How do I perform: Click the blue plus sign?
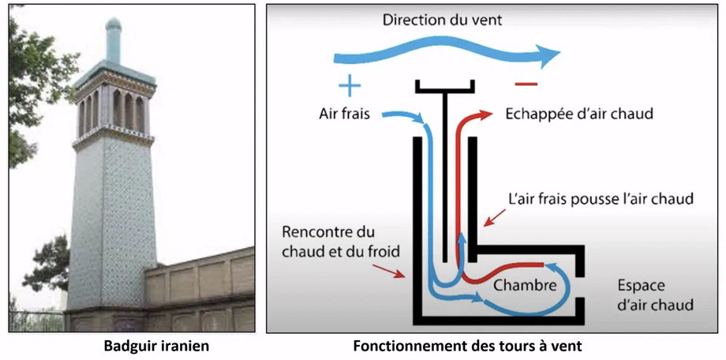[350, 84]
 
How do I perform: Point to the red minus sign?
[526, 84]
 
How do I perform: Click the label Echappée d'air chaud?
[579, 114]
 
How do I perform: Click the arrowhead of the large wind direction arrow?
[548, 56]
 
